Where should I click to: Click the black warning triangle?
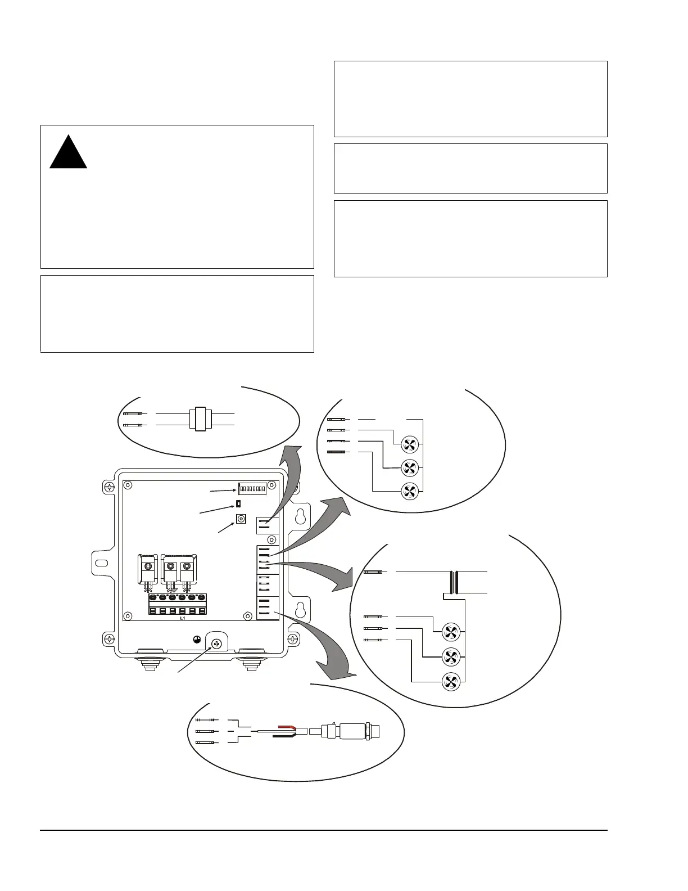click(69, 154)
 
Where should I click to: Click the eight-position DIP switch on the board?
click(252, 489)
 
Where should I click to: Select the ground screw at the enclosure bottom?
click(216, 642)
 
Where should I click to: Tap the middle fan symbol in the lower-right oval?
click(451, 656)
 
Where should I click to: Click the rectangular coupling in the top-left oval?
click(199, 419)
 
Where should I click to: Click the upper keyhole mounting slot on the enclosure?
click(301, 516)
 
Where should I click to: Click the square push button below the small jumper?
click(241, 519)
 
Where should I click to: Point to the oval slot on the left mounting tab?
click(102, 563)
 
